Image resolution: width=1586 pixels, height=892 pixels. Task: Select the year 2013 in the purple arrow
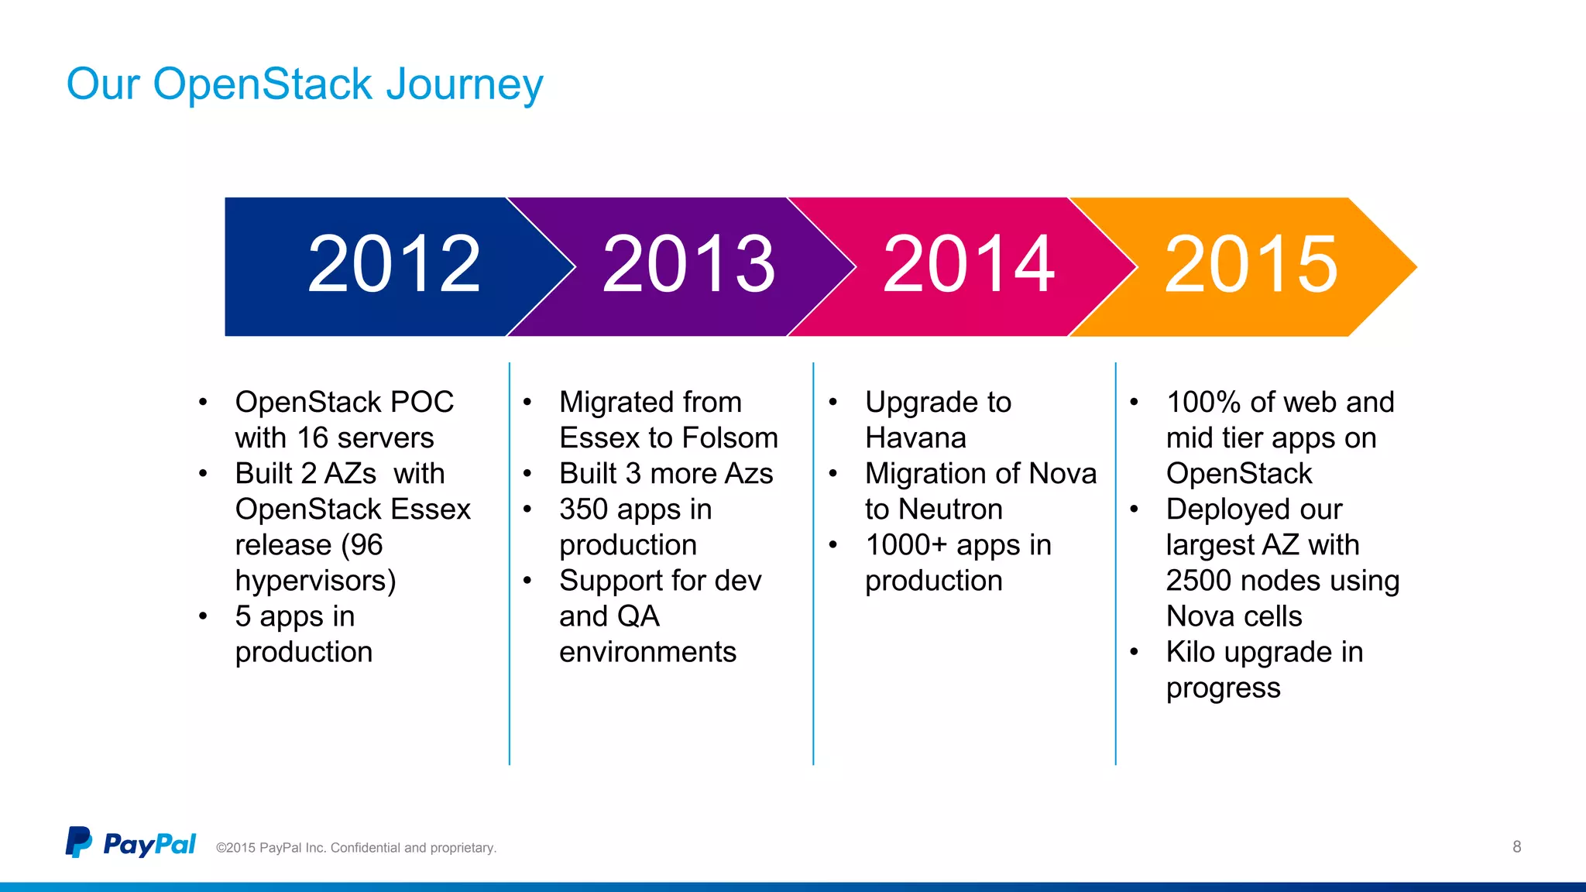[x=688, y=265]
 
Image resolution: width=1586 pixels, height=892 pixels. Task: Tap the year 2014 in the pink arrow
[x=968, y=265]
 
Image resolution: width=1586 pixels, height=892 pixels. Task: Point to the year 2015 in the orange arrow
[x=1251, y=265]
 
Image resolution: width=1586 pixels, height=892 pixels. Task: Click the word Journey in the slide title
[x=465, y=85]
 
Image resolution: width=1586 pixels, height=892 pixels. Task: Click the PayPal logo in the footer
[x=130, y=843]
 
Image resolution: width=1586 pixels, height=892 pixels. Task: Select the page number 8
[x=1516, y=846]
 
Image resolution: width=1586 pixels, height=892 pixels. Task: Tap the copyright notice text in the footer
[x=356, y=848]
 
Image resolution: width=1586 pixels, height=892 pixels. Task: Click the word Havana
[x=915, y=438]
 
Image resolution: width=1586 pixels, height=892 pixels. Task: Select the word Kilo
[x=1190, y=652]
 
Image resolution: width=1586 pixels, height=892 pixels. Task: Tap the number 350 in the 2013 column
[x=584, y=509]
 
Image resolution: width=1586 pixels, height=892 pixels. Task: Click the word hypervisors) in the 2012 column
[x=315, y=581]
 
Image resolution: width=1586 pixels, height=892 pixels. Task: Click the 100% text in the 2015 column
[x=1203, y=403]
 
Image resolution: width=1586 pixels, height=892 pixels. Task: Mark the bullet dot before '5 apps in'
[x=203, y=616]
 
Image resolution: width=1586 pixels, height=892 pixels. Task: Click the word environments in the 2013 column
[x=647, y=652]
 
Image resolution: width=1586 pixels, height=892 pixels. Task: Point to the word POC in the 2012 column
[x=422, y=403]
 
